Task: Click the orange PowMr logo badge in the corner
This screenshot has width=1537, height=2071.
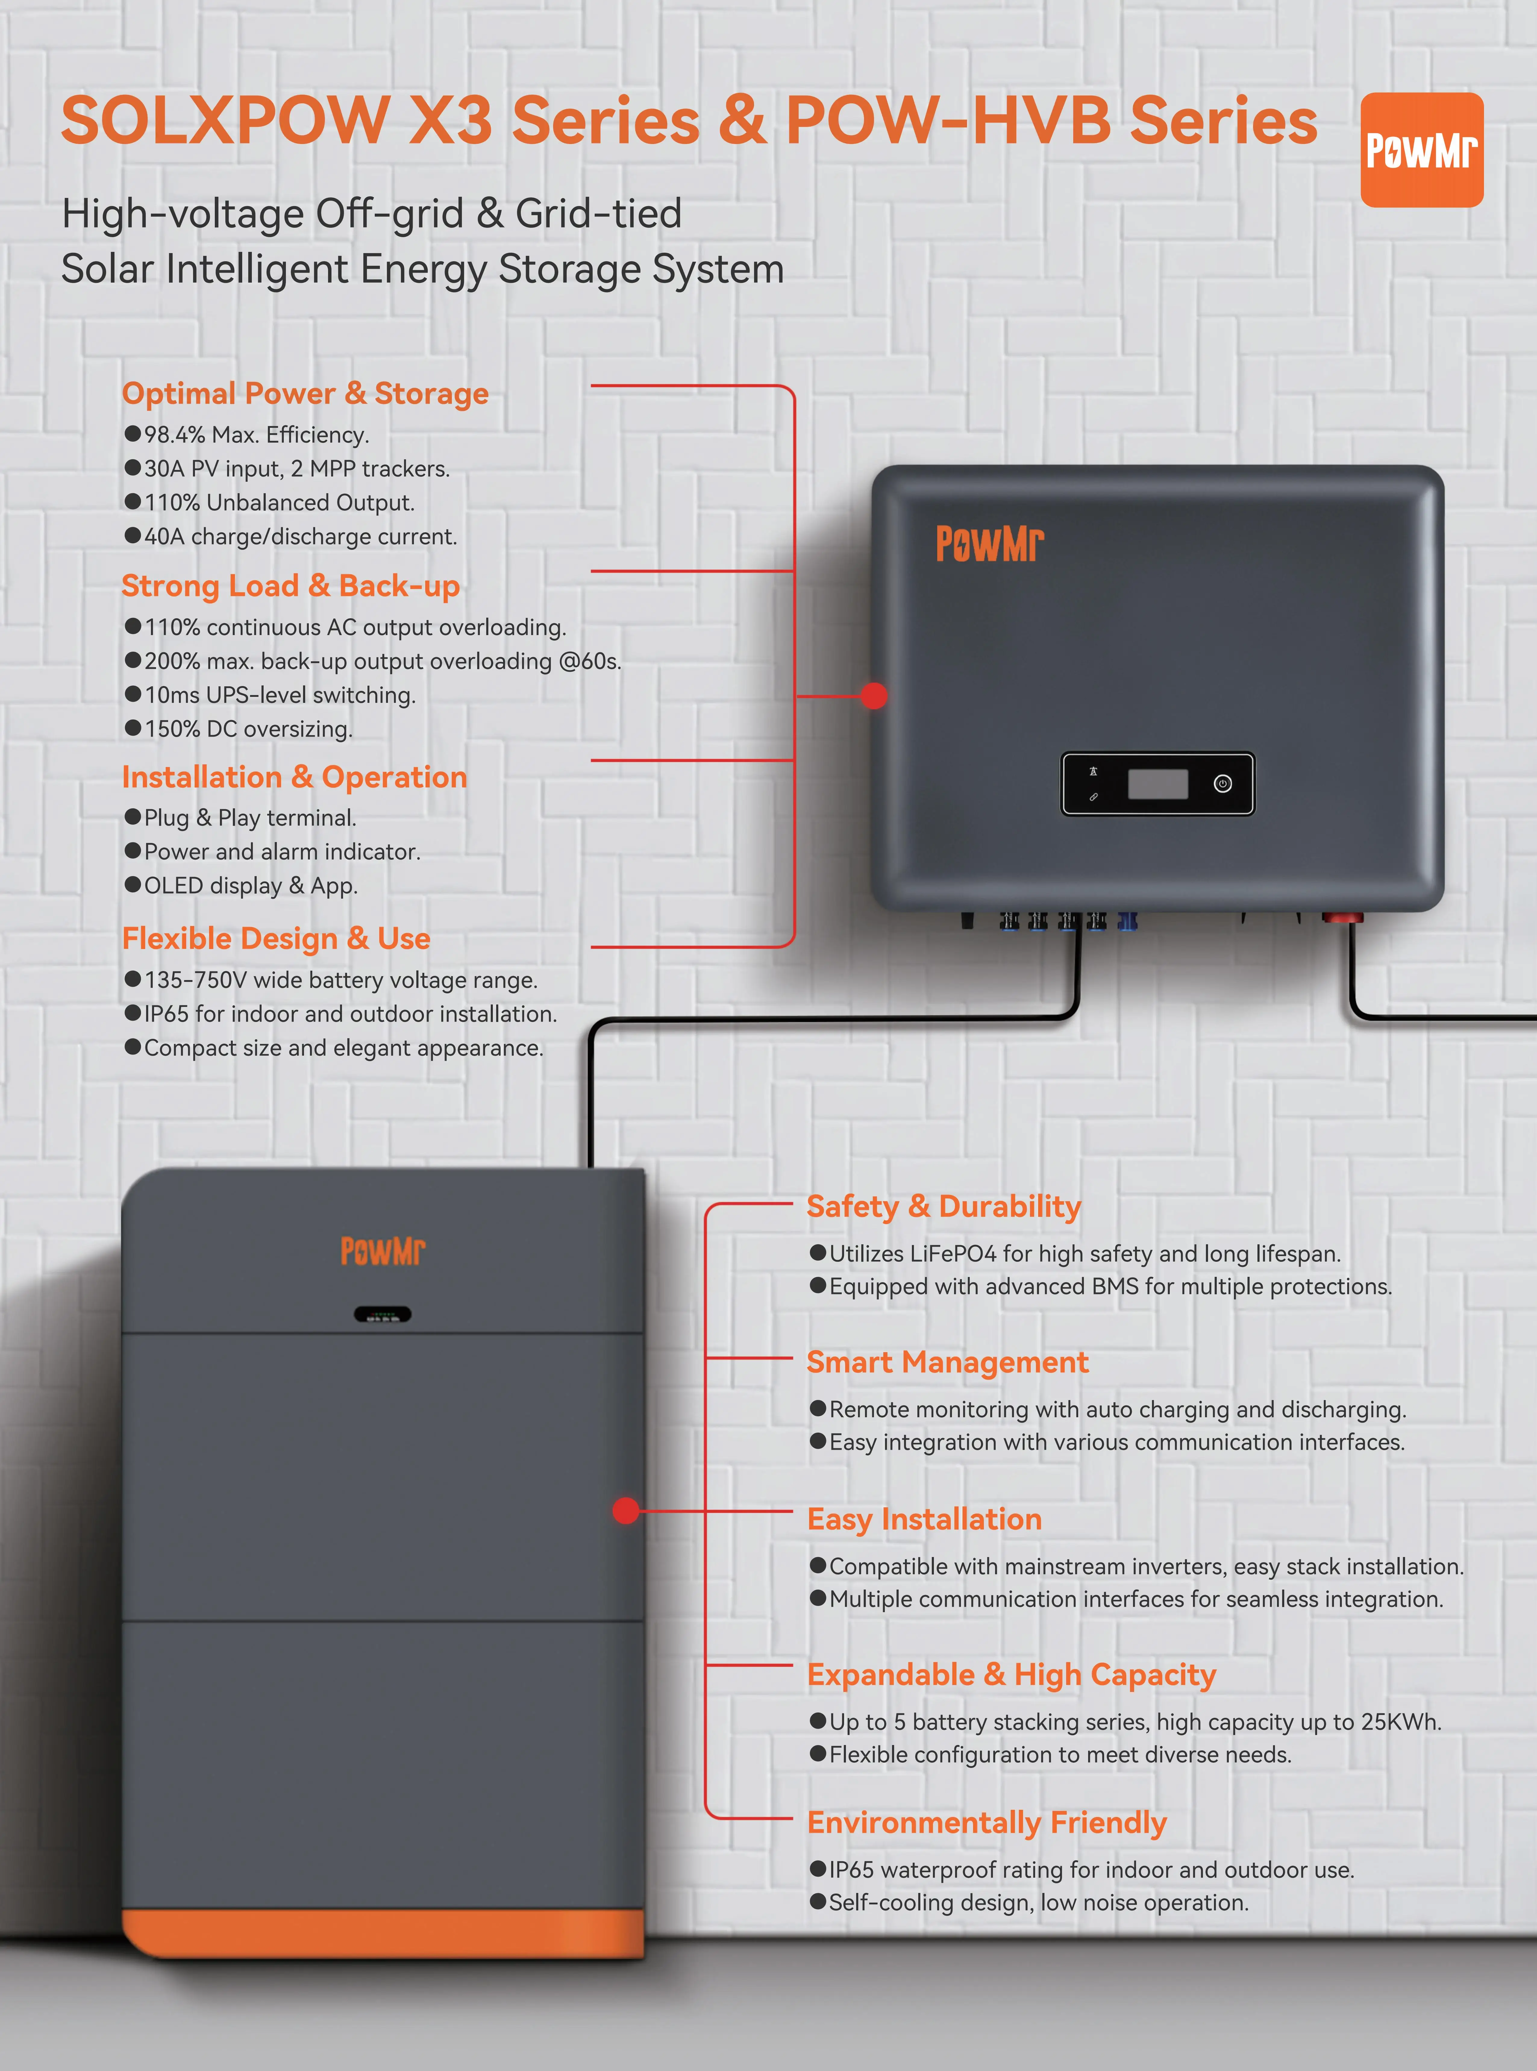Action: [x=1421, y=150]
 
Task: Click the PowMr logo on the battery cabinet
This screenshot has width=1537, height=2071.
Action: [x=382, y=1251]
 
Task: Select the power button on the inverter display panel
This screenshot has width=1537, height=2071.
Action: [x=1222, y=783]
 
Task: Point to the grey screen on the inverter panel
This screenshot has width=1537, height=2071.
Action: [x=1157, y=783]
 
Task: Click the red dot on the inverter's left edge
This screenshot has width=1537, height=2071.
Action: [x=874, y=695]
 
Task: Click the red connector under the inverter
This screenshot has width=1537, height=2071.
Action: [x=1341, y=918]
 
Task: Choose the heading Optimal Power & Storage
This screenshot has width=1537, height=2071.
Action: [x=305, y=393]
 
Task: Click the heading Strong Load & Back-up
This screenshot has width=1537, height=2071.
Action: [x=290, y=586]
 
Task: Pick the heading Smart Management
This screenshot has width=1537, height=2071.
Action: [x=947, y=1362]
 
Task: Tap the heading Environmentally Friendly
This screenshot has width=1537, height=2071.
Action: [x=986, y=1822]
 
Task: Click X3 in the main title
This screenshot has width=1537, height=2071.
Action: [x=450, y=121]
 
